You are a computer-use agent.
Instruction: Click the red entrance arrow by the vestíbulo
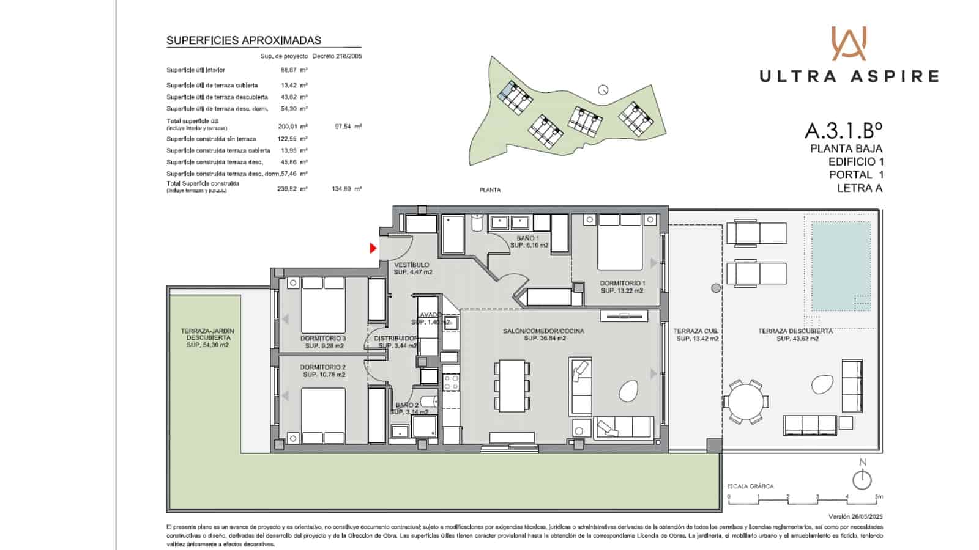(373, 248)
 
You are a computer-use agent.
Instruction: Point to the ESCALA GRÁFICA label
(750, 486)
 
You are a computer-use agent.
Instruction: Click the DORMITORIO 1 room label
(622, 284)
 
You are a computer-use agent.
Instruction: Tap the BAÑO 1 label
(528, 238)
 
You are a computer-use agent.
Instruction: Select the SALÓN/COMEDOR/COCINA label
(543, 331)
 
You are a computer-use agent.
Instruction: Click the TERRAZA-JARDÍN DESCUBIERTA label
(207, 334)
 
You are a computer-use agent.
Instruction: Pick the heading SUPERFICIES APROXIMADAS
(244, 40)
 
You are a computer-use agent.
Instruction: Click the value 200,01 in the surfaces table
(287, 127)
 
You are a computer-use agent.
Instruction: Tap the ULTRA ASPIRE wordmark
(849, 76)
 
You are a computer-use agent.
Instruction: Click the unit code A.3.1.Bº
(843, 131)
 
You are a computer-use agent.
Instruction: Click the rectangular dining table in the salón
(512, 386)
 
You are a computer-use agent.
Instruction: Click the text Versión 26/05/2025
(855, 516)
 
